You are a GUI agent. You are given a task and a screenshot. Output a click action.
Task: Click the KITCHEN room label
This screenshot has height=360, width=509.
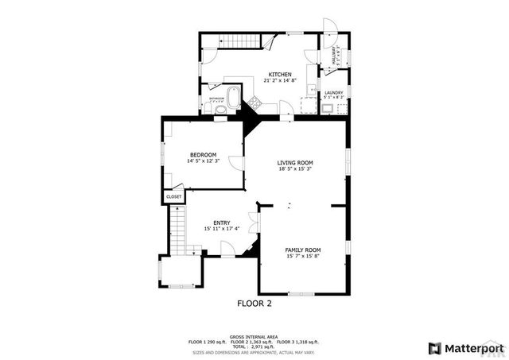pos(279,74)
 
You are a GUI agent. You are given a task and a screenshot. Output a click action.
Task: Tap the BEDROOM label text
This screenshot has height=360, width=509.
pos(203,155)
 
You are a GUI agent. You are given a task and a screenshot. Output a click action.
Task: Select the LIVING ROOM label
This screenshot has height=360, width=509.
pos(295,163)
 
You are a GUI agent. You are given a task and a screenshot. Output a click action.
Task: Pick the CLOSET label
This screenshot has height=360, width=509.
pos(173,196)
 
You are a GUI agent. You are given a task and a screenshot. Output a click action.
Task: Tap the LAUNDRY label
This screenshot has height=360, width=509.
pos(333,93)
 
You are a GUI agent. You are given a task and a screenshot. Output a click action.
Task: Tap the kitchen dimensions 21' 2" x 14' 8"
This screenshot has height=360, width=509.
pos(279,80)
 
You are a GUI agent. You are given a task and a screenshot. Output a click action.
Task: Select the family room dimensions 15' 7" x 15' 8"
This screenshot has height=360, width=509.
pos(302,256)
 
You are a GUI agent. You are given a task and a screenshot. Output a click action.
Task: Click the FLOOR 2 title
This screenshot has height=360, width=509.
pos(254,303)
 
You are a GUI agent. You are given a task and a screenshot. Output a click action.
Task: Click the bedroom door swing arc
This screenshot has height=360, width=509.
pos(236,164)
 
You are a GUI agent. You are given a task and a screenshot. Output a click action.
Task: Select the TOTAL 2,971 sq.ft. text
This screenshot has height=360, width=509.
pos(254,346)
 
